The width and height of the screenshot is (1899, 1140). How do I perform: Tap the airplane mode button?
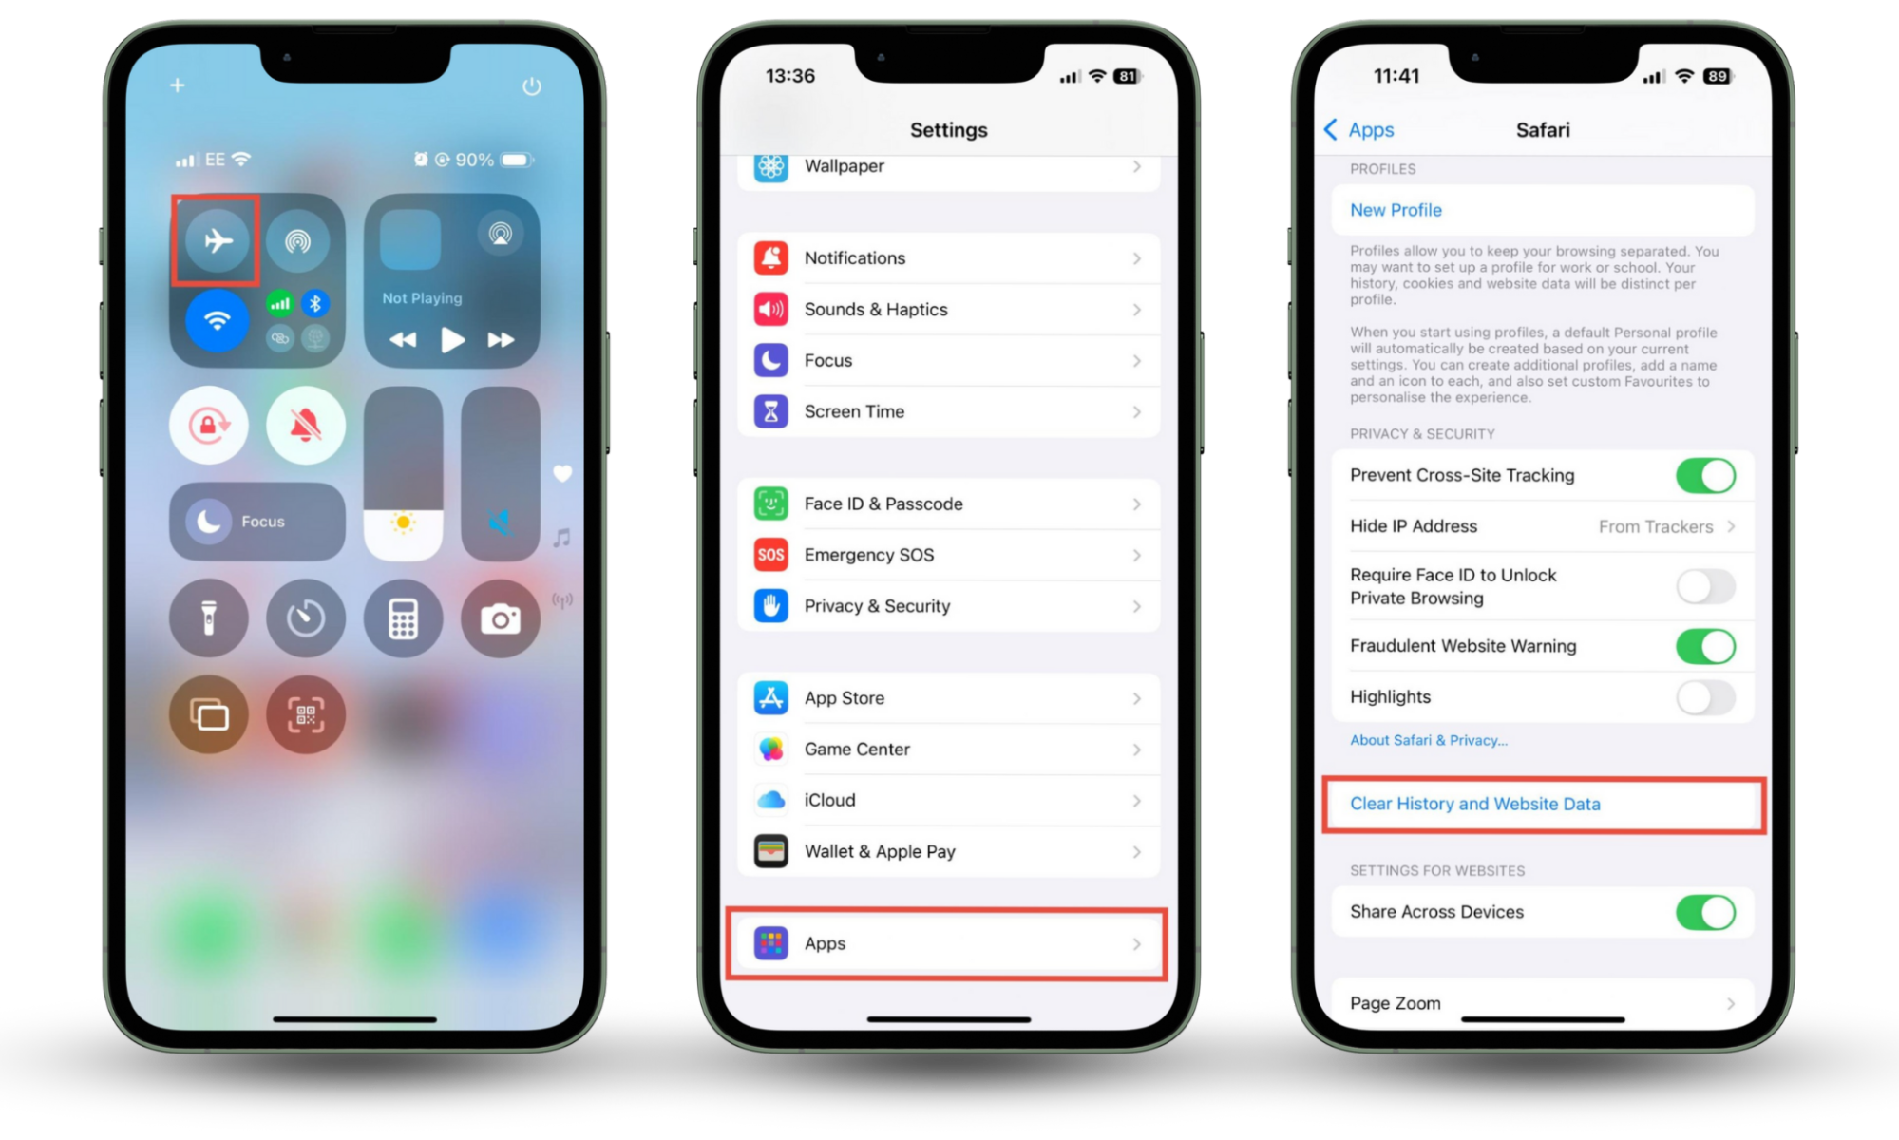pyautogui.click(x=218, y=240)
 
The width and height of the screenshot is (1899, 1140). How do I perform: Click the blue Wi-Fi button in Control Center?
pyautogui.click(x=218, y=321)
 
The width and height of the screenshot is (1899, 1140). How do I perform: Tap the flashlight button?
pyautogui.click(x=209, y=619)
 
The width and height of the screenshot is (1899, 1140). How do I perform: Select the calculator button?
pyautogui.click(x=403, y=619)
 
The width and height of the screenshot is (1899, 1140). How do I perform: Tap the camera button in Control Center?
pyautogui.click(x=501, y=619)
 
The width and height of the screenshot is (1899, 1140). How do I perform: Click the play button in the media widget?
pyautogui.click(x=452, y=340)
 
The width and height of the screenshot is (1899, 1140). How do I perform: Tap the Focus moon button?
pyautogui.click(x=209, y=522)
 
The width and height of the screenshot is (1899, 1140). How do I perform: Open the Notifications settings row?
pyautogui.click(x=948, y=258)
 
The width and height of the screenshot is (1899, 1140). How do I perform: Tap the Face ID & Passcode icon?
pyautogui.click(x=771, y=503)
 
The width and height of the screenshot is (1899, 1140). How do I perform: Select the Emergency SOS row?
pyautogui.click(x=948, y=555)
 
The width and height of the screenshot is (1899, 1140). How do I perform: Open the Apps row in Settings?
pyautogui.click(x=948, y=943)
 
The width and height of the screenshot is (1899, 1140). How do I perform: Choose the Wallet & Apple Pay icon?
pyautogui.click(x=771, y=851)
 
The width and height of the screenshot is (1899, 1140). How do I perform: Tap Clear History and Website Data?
pyautogui.click(x=1475, y=804)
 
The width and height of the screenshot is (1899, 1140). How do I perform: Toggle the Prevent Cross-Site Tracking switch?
pyautogui.click(x=1705, y=475)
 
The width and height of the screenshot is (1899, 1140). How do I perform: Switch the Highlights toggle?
pyautogui.click(x=1705, y=697)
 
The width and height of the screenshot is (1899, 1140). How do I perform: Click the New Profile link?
pyautogui.click(x=1396, y=210)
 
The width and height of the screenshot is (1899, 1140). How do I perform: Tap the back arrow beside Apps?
pyautogui.click(x=1331, y=130)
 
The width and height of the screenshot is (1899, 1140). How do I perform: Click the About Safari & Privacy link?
pyautogui.click(x=1429, y=740)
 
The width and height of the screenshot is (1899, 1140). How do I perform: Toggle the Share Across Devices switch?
pyautogui.click(x=1705, y=912)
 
